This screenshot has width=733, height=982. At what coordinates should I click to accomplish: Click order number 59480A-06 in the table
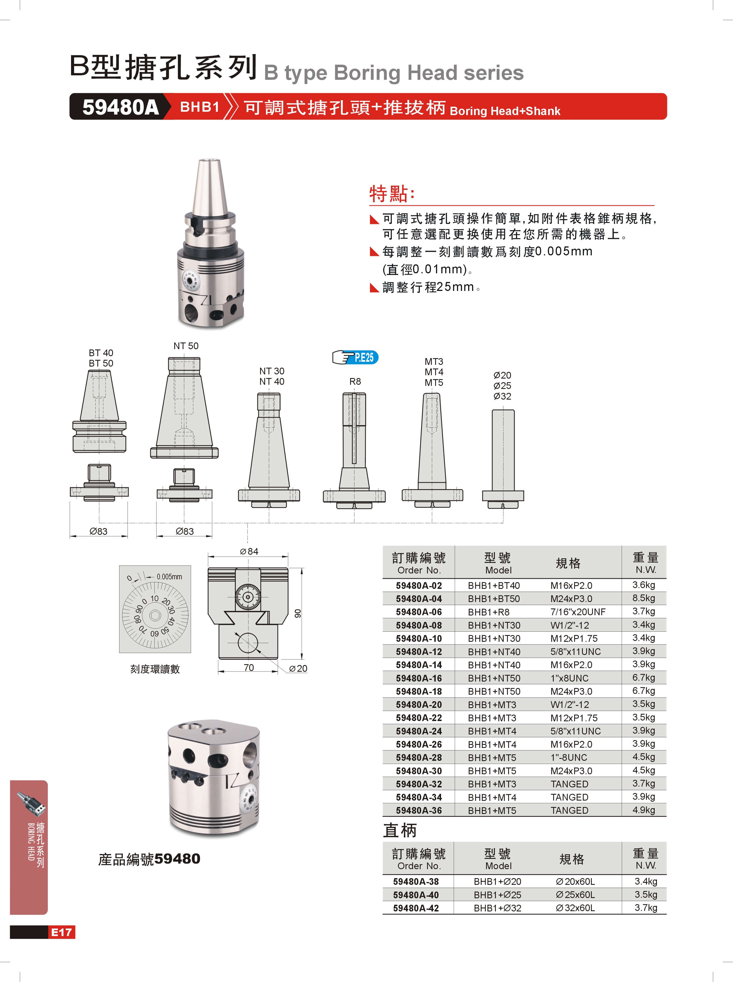pyautogui.click(x=419, y=612)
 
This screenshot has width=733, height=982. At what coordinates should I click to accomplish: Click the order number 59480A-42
pyautogui.click(x=416, y=908)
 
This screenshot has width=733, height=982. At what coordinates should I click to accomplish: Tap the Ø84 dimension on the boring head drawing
pyautogui.click(x=249, y=551)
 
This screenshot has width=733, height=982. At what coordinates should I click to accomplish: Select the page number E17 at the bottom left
pyautogui.click(x=61, y=932)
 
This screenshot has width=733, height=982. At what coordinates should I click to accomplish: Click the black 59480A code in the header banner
pyautogui.click(x=120, y=107)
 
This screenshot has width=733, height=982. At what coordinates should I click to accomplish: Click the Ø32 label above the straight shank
pyautogui.click(x=502, y=396)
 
